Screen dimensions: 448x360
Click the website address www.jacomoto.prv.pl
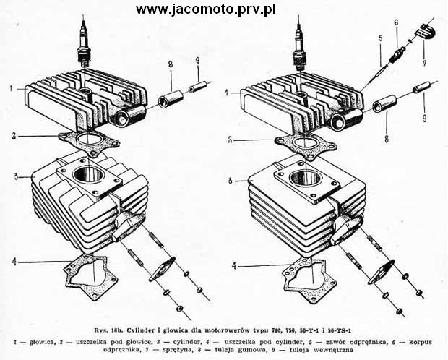pyautogui.click(x=206, y=9)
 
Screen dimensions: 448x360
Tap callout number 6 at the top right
pyautogui.click(x=396, y=23)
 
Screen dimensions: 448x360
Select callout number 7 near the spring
pyautogui.click(x=424, y=62)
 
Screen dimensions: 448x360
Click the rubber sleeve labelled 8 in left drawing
pyautogui.click(x=171, y=99)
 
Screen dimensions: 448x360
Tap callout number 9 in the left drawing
pyautogui.click(x=198, y=61)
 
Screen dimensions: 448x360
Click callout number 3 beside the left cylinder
pyautogui.click(x=17, y=177)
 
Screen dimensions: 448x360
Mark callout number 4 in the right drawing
pyautogui.click(x=234, y=266)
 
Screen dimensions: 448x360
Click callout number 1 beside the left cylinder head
pyautogui.click(x=11, y=89)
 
